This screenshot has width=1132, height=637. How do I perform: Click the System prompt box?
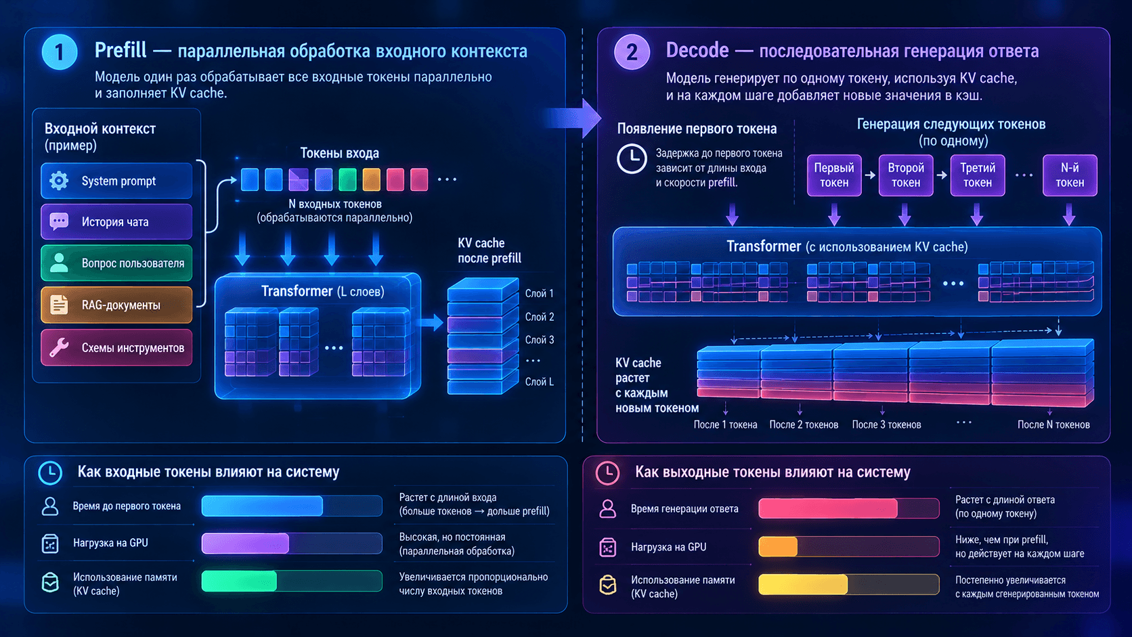coord(116,180)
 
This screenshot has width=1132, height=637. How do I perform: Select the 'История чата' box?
coord(116,221)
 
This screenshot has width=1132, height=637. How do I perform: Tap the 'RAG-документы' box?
coord(116,305)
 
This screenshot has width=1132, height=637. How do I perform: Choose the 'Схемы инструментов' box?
coord(116,347)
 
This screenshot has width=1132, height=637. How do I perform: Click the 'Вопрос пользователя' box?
coord(116,263)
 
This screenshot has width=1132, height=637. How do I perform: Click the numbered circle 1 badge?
coord(60,52)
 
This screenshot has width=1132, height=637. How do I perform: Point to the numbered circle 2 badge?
coord(632,52)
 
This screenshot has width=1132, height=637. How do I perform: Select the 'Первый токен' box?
coord(834,175)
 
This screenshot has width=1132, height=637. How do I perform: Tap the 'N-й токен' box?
coord(1070,175)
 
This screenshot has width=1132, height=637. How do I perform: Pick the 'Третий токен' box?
coord(978,175)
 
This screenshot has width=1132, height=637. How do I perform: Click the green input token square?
coord(347,179)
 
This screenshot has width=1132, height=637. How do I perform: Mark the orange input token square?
coord(372,179)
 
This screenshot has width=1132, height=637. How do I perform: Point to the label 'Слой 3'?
coord(539,340)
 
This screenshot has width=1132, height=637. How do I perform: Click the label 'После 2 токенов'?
coord(804,425)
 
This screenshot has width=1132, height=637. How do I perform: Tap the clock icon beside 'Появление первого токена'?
coord(631,158)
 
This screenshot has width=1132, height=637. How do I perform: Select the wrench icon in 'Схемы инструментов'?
coord(59,347)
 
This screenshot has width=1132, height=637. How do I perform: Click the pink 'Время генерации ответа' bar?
coord(828,508)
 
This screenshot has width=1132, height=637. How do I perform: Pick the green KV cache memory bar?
coord(239,581)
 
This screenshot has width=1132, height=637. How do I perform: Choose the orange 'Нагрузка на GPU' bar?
coord(778,546)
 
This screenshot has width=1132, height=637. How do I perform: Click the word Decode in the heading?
coord(697,51)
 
